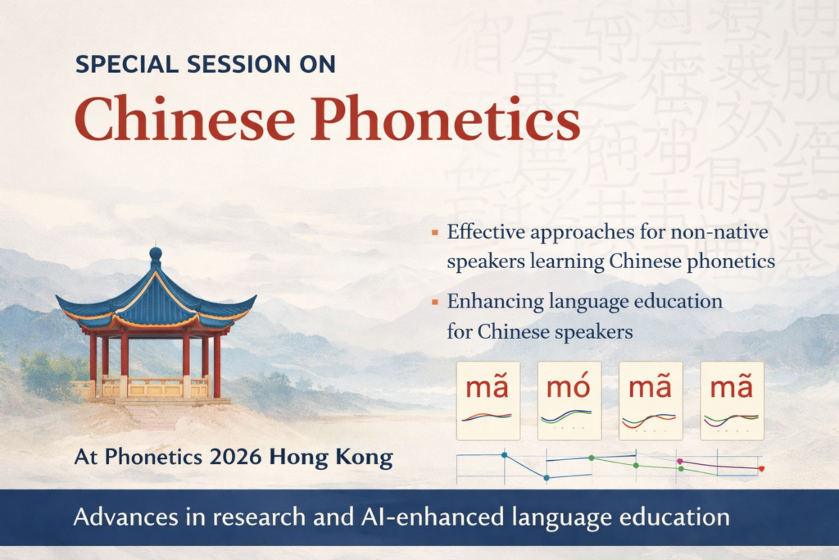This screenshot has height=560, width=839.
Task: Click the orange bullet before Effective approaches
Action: coord(434,234)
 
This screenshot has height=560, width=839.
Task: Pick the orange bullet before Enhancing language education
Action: coord(434,303)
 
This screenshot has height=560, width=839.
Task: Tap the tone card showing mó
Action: coord(569,400)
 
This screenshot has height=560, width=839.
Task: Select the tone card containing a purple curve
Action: coord(732,400)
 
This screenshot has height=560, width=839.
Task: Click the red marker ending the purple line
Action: coord(761,468)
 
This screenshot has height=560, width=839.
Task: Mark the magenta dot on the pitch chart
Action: coord(679,462)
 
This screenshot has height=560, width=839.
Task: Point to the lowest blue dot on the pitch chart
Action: coord(546,477)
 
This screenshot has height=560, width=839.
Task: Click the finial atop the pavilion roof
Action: coord(156,254)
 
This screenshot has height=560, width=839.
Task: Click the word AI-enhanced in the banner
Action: coord(425,517)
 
